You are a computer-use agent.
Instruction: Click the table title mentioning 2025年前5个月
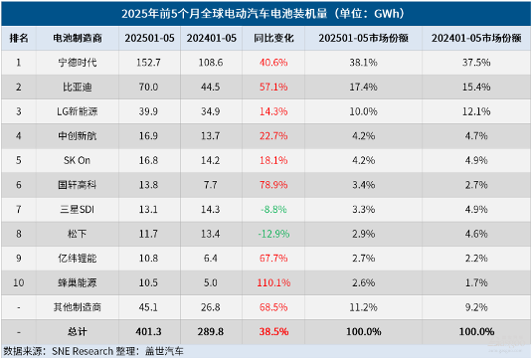(x=266, y=13)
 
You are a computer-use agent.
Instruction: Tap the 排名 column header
(x=19, y=37)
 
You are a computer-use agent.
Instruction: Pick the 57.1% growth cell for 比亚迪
(x=272, y=86)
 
